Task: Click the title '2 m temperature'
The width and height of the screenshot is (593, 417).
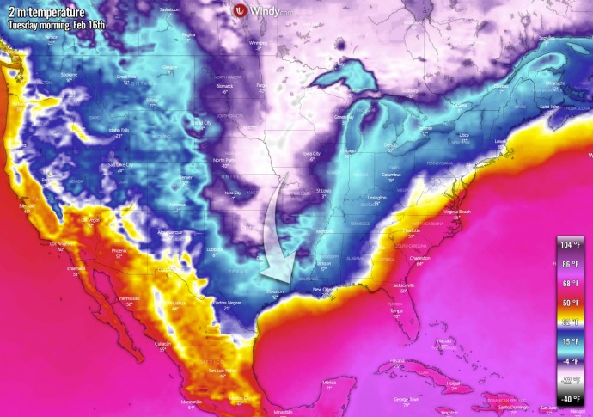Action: [x=46, y=11]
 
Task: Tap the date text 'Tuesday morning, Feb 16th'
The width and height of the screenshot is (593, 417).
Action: [x=57, y=24]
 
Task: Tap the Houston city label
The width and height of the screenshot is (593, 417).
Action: [x=275, y=293]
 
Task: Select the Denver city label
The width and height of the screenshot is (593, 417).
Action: [x=186, y=177]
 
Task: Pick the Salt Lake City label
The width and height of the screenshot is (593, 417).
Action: [x=121, y=164]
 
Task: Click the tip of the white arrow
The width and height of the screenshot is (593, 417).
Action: [x=263, y=278]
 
